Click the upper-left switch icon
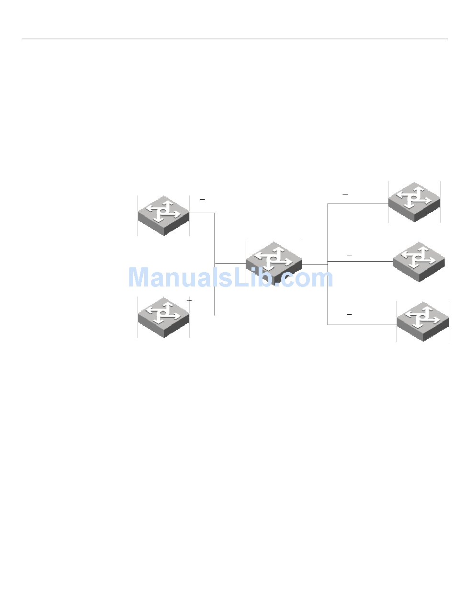click(x=163, y=215)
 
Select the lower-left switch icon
click(x=163, y=317)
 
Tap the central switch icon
click(x=273, y=262)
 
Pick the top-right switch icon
click(x=414, y=201)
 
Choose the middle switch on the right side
click(x=418, y=262)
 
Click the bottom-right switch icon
click(x=422, y=321)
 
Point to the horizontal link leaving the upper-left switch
click(x=202, y=213)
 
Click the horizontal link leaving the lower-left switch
click(x=202, y=315)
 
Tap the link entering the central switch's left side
click(x=230, y=263)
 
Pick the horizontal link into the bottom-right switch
click(x=362, y=324)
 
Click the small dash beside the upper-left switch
click(x=202, y=199)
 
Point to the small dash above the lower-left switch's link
click(x=189, y=300)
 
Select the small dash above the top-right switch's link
click(x=345, y=195)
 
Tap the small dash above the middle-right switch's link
click(x=349, y=255)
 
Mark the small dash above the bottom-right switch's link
click(x=349, y=314)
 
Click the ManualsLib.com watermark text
click(x=230, y=277)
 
